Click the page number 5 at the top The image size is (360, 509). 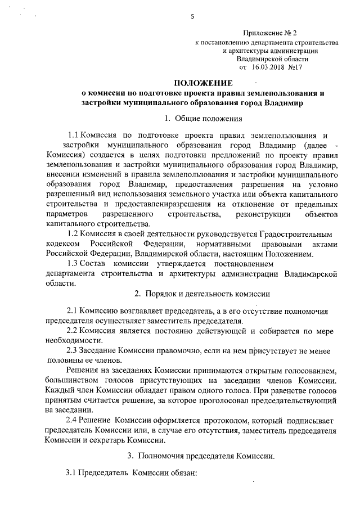pos(192,16)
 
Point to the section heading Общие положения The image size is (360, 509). pos(209,118)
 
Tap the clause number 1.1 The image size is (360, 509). pos(73,135)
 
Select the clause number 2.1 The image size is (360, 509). pos(73,310)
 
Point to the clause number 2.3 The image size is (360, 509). pos(73,350)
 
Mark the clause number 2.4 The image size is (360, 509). pos(73,420)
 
